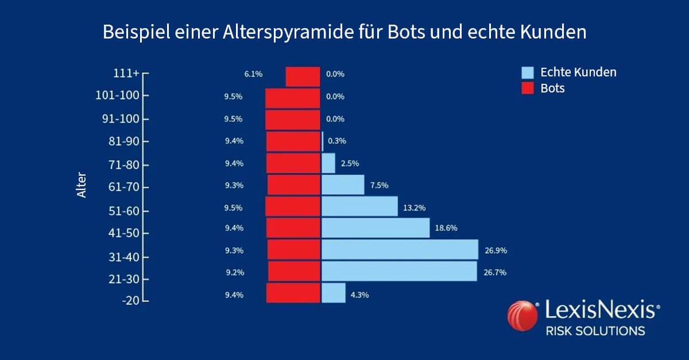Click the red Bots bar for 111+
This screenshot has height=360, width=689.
click(x=303, y=76)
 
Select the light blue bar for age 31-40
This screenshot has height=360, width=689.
click(x=400, y=250)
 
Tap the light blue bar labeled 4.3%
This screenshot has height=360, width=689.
click(x=334, y=293)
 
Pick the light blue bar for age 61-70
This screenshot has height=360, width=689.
click(x=343, y=185)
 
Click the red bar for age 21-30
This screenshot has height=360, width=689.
click(x=294, y=271)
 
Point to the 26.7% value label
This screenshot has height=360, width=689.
click(x=495, y=272)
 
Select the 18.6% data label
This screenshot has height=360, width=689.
click(x=446, y=228)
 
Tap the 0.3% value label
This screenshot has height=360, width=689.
click(x=337, y=141)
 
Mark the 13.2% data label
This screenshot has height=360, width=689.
click(x=414, y=208)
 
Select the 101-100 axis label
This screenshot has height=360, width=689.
click(x=118, y=95)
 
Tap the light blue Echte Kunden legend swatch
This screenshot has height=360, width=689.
click(x=528, y=73)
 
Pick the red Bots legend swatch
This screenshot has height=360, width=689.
click(x=528, y=88)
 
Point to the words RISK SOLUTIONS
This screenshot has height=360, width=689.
click(x=595, y=331)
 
